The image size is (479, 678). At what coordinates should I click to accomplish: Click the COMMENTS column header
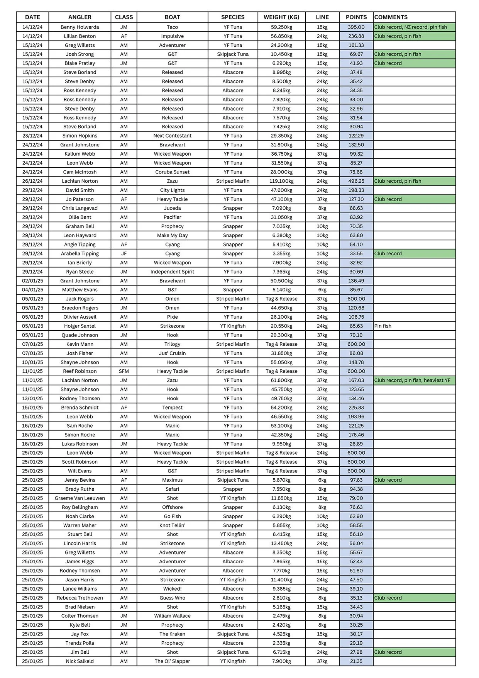tap(391, 17)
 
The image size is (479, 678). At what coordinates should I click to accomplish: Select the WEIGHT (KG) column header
tap(281, 17)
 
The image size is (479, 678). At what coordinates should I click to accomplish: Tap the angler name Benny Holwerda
tap(80, 27)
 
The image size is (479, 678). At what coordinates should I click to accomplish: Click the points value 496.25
tap(356, 181)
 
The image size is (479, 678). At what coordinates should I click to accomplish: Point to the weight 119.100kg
tap(281, 181)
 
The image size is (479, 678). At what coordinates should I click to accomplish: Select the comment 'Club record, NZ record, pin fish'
tap(410, 27)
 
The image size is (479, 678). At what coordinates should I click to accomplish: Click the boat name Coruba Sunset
tap(172, 172)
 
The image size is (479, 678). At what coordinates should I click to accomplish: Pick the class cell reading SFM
tap(124, 371)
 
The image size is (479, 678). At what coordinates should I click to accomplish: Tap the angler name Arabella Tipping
tap(80, 253)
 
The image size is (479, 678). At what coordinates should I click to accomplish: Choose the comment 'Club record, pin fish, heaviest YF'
tap(412, 380)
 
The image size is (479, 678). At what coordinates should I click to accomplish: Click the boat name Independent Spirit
tap(172, 272)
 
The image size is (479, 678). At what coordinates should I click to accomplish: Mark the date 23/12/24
tap(32, 136)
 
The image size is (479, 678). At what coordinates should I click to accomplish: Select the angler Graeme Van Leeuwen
tap(80, 498)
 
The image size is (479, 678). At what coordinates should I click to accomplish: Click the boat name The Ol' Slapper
tap(172, 661)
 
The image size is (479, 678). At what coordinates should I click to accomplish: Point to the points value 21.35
tap(356, 661)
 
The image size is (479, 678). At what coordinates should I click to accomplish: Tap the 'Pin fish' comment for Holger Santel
tap(383, 326)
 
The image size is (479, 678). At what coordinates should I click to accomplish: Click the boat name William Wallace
tap(172, 616)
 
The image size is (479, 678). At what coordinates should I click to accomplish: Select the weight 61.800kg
tap(281, 380)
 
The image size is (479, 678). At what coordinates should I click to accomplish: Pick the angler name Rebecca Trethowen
tap(80, 598)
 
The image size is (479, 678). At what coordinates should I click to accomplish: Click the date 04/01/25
tap(32, 290)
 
